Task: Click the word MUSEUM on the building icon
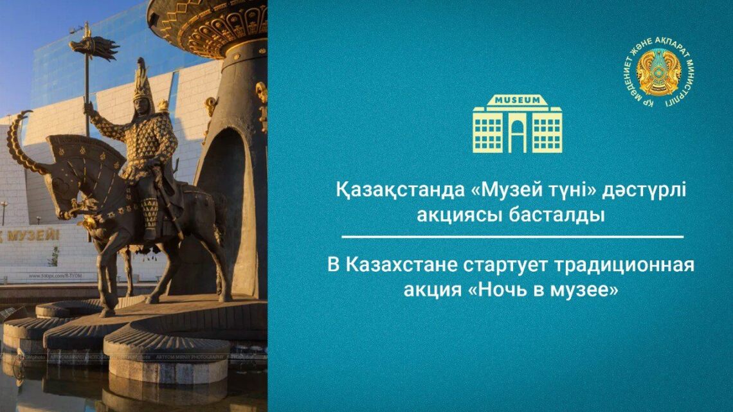point(517,102)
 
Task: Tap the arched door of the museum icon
point(517,137)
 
